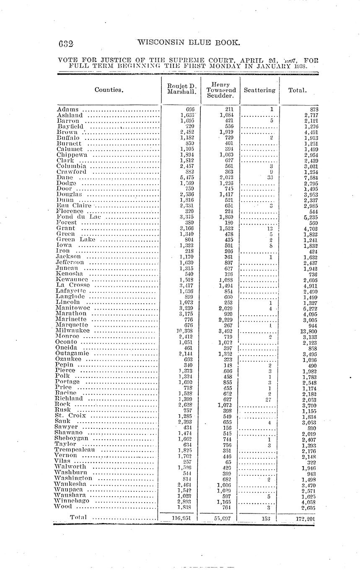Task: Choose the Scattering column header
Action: pos(259,90)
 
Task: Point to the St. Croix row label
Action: pos(70,416)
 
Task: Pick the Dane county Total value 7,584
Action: pos(308,178)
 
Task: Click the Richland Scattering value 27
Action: pos(269,400)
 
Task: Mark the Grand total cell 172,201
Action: pos(305,519)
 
